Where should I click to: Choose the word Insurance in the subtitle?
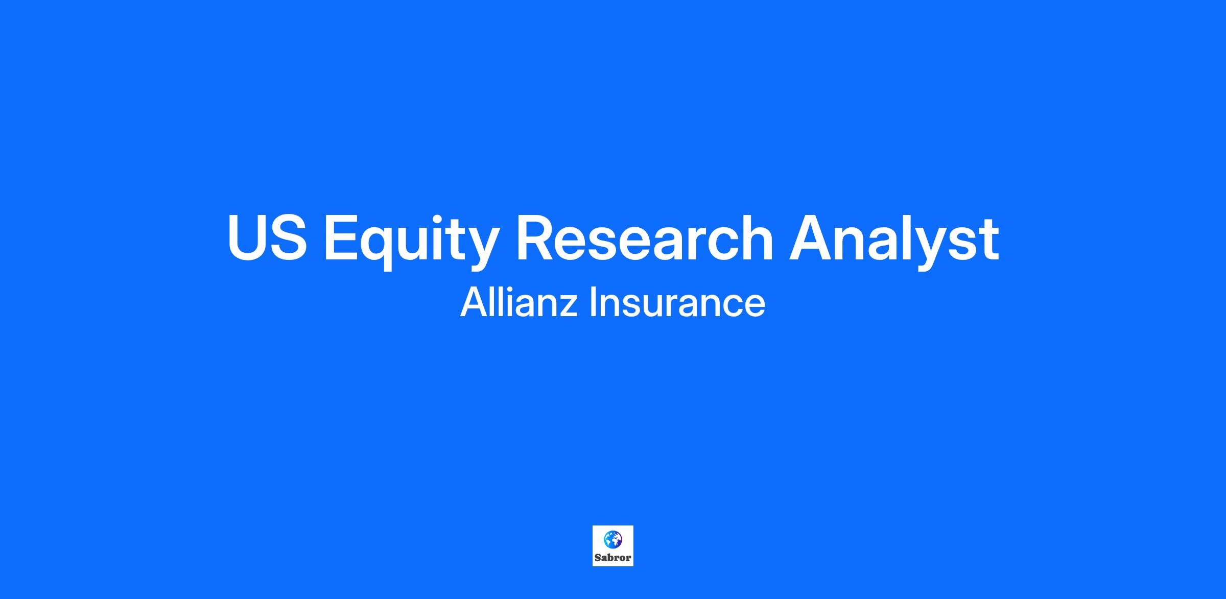click(x=677, y=302)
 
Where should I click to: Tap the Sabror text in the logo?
click(x=613, y=558)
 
